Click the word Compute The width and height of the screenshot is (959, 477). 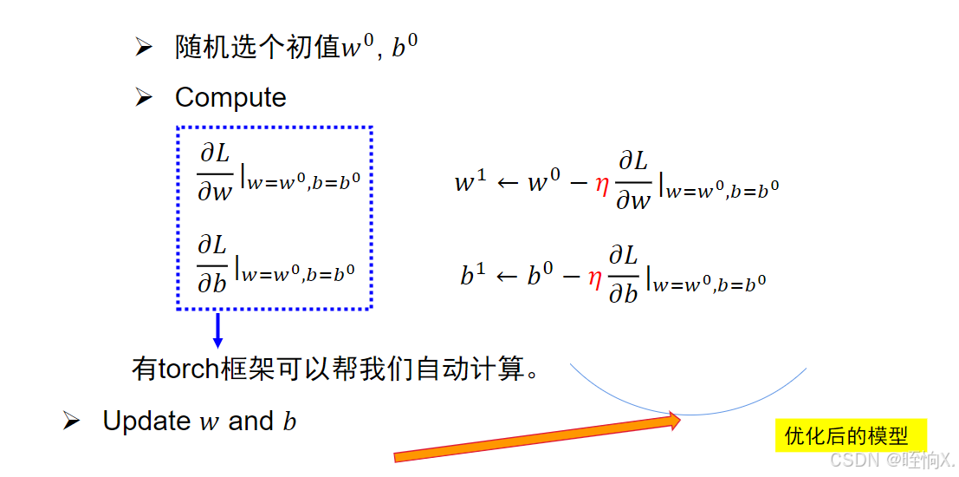tap(230, 97)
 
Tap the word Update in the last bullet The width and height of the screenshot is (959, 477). tap(146, 421)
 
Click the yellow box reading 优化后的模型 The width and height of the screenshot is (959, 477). tap(850, 435)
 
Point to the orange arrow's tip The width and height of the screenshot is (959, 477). tap(680, 421)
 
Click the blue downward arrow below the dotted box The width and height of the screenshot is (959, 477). tap(217, 330)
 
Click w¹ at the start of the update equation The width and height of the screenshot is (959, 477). tap(470, 183)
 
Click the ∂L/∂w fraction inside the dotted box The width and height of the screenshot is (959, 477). tap(215, 173)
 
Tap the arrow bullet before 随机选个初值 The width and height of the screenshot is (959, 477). tap(144, 49)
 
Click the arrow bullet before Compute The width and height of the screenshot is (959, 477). tap(144, 98)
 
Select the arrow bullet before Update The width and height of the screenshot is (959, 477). tap(72, 421)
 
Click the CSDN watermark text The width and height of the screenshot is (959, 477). tap(891, 460)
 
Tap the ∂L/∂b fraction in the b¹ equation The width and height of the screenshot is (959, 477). tap(623, 272)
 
